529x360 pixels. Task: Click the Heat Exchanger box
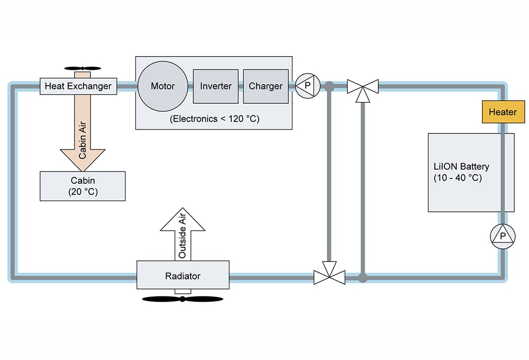tap(78, 86)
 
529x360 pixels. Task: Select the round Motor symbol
tap(163, 86)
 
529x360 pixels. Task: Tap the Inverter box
tap(216, 86)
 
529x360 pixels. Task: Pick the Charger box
tap(266, 86)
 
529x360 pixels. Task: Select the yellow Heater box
tap(502, 112)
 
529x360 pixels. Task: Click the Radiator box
tap(183, 275)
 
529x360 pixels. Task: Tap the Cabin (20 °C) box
tap(83, 186)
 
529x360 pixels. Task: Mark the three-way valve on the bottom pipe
tap(329, 275)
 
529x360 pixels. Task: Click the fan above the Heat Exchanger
tap(83, 68)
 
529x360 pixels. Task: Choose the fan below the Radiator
tap(183, 299)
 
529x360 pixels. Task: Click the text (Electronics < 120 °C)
tap(214, 119)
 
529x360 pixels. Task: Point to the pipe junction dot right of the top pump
tap(329, 86)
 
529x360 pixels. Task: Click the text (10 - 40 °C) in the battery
tap(458, 178)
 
